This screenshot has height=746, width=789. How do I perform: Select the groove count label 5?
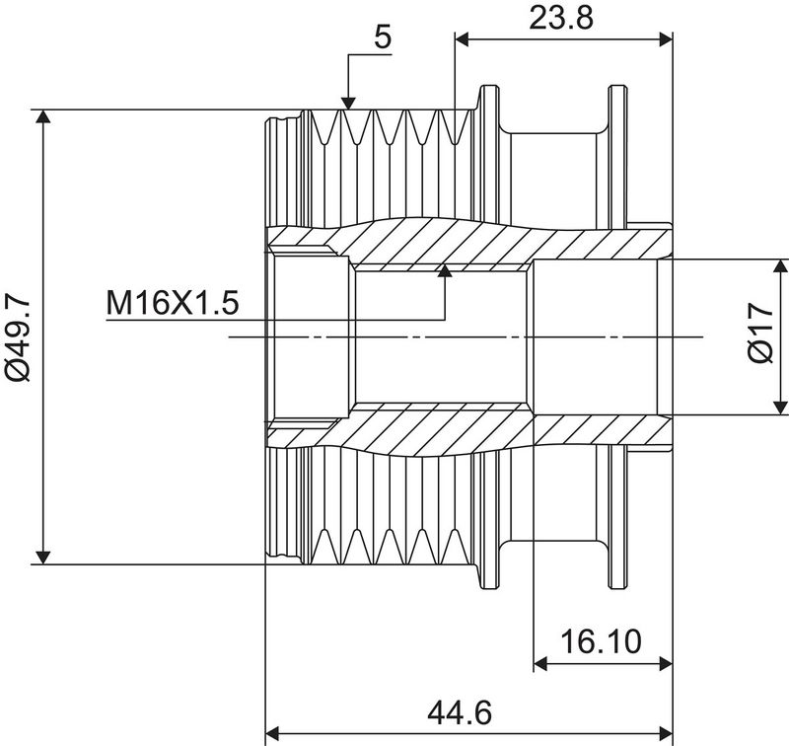coord(383,37)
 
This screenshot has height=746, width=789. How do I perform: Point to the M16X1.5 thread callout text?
coord(173,302)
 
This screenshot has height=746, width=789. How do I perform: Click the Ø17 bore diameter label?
coord(760,336)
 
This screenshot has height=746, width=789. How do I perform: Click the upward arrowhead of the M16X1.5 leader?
coord(445,271)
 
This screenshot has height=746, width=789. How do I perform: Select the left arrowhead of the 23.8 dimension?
coord(463,39)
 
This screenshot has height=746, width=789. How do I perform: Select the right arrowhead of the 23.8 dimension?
coord(664,39)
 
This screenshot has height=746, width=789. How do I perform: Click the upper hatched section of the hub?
coord(444,242)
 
